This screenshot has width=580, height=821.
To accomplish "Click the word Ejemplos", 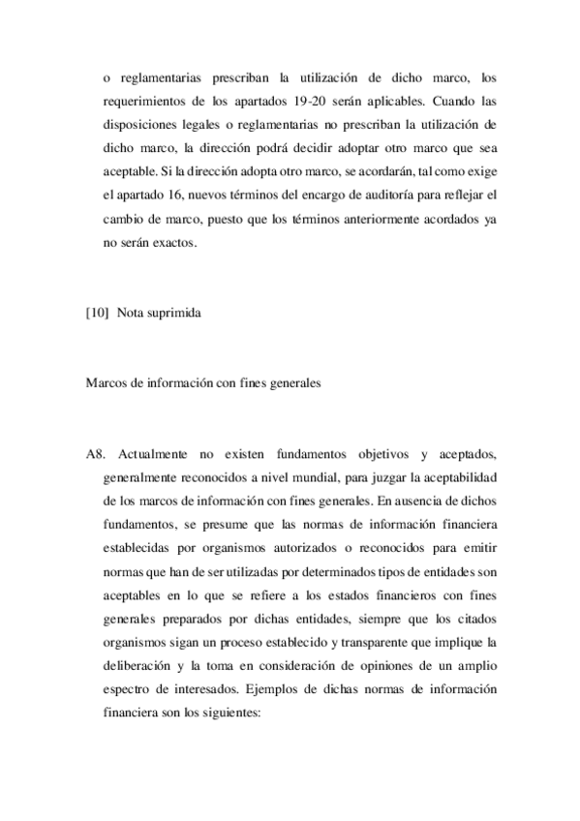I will click(x=275, y=692).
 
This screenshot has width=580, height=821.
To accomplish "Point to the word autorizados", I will click(x=314, y=547).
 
